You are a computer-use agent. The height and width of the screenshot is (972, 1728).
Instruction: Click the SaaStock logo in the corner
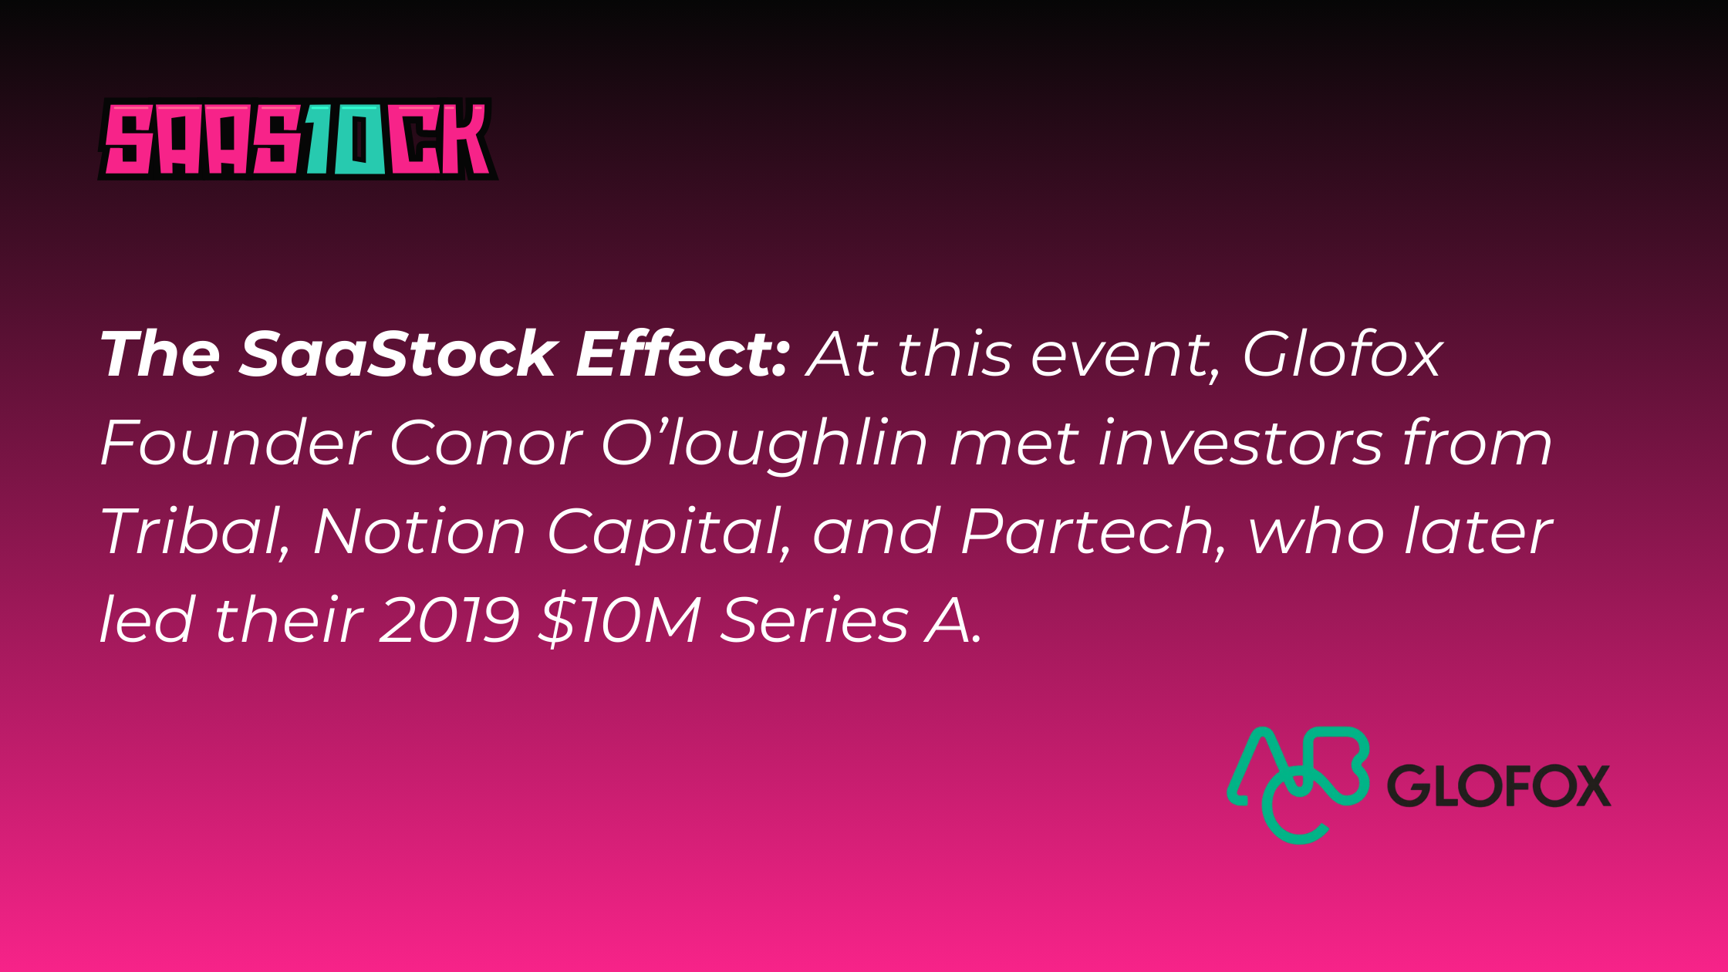pyautogui.click(x=297, y=139)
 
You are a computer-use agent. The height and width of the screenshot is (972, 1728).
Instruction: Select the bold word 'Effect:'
pyautogui.click(x=682, y=354)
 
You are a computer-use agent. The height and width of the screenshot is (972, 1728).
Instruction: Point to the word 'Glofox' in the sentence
pyautogui.click(x=1342, y=355)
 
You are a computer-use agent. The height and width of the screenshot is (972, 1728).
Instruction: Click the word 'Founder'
pyautogui.click(x=235, y=444)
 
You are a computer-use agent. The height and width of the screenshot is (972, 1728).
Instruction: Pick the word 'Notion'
pyautogui.click(x=420, y=532)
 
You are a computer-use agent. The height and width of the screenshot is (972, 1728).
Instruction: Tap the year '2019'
pyautogui.click(x=450, y=620)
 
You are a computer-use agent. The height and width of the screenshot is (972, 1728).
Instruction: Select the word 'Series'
pyautogui.click(x=814, y=620)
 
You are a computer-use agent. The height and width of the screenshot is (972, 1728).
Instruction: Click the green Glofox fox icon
pyautogui.click(x=1298, y=785)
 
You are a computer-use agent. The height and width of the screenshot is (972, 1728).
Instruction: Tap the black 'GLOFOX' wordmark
pyautogui.click(x=1499, y=786)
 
